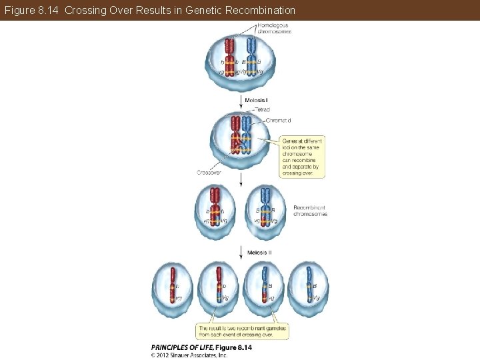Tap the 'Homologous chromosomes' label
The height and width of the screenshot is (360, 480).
coord(274,28)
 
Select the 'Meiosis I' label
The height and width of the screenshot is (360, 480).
coord(256,100)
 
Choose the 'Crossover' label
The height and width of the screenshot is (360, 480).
coord(209,172)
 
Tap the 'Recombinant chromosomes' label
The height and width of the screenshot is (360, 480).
coord(310,211)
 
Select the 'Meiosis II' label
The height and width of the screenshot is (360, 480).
coord(259,253)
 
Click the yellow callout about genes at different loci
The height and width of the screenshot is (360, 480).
coord(303,157)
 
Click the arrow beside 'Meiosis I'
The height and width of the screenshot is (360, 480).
coord(240,101)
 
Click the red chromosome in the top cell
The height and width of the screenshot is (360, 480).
coord(229,56)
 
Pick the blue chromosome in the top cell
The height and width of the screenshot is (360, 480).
coord(251,56)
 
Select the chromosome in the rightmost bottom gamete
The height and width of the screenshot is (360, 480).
coord(309,285)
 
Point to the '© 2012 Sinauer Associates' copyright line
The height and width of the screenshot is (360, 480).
coord(189,355)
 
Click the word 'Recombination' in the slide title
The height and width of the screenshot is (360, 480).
coord(256,11)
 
